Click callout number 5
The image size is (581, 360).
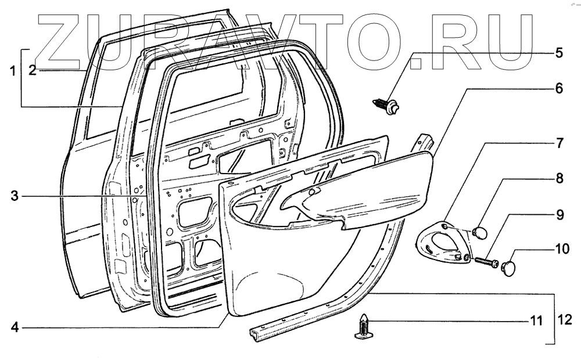[x=558, y=53]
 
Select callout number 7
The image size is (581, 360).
[x=558, y=143]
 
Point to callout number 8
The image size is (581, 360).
[x=558, y=179]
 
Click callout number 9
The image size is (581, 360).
[x=559, y=215]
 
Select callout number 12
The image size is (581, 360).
[x=565, y=319]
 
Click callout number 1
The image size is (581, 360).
[x=11, y=71]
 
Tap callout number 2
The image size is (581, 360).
[x=33, y=71]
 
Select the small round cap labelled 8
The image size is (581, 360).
[x=480, y=233]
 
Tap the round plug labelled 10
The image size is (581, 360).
[x=510, y=268]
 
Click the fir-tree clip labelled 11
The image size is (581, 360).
[x=362, y=329]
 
